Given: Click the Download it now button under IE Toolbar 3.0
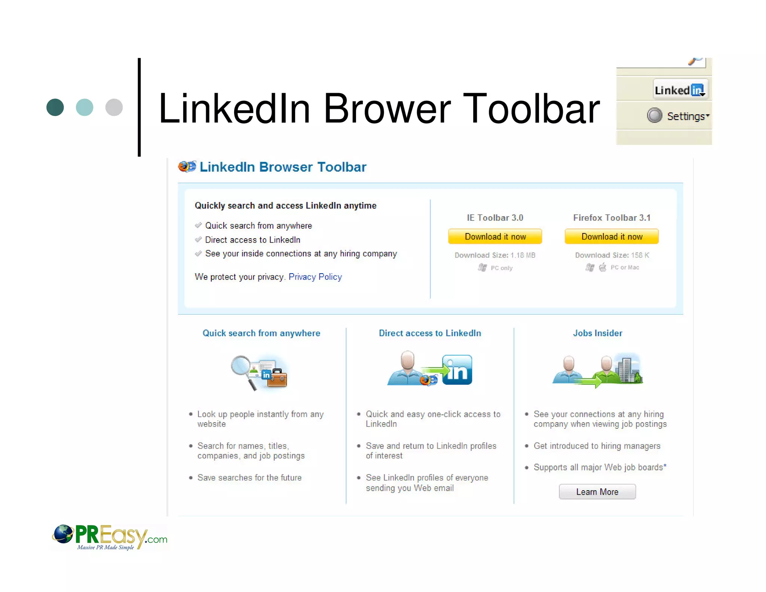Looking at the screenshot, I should click(x=495, y=237).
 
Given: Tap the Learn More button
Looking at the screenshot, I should click(x=597, y=492).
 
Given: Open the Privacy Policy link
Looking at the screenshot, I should click(x=315, y=277).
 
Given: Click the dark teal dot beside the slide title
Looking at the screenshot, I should click(x=55, y=107).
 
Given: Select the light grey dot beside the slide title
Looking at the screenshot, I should click(x=114, y=107).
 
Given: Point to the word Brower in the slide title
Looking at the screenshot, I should click(x=387, y=109).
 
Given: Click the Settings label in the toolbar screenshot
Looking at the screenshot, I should click(x=686, y=116).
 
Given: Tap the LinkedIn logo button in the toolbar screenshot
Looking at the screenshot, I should click(x=680, y=90).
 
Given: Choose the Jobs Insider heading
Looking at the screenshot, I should click(x=597, y=333).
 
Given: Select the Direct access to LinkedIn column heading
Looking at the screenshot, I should click(x=430, y=333).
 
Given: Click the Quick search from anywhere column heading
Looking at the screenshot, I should click(x=261, y=333).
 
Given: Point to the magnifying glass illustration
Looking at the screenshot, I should click(x=243, y=370).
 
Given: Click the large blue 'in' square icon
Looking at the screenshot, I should click(x=457, y=370).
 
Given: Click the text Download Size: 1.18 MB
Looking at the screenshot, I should click(x=494, y=255).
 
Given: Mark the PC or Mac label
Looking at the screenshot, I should click(x=625, y=268).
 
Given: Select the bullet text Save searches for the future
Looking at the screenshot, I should click(x=249, y=478).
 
